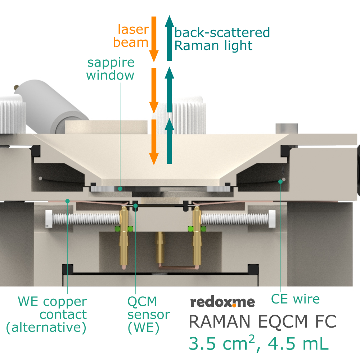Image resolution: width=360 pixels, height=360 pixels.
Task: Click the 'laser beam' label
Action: pyautogui.click(x=131, y=36)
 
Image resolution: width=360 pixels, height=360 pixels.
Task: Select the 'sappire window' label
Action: pyautogui.click(x=111, y=69)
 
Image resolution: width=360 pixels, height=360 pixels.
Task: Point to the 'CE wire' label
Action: pyautogui.click(x=295, y=299)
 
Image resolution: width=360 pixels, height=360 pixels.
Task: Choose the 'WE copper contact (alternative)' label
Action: pyautogui.click(x=47, y=314)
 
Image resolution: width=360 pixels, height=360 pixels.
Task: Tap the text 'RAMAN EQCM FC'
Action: pyautogui.click(x=262, y=321)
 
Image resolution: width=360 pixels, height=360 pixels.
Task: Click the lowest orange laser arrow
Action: pyautogui.click(x=154, y=142)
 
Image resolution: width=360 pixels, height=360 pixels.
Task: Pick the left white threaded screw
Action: pyautogui.click(x=83, y=219)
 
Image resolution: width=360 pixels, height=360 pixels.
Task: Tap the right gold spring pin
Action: pyautogui.click(x=197, y=234)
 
